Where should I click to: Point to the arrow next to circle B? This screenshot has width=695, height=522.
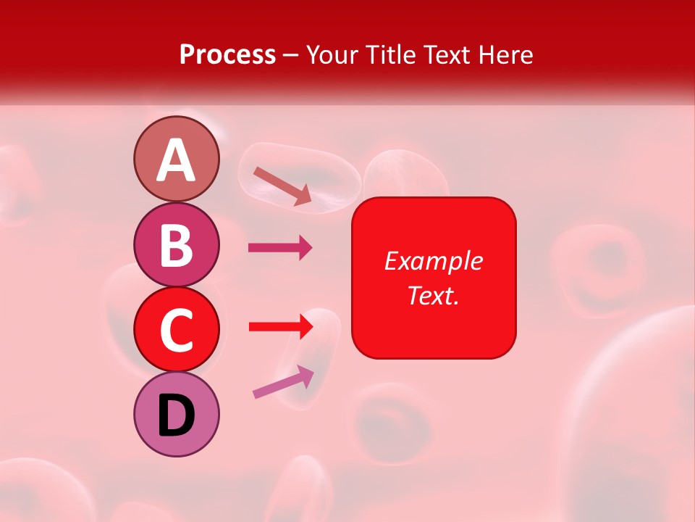point(280,248)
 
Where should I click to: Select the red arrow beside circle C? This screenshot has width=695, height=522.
point(280,327)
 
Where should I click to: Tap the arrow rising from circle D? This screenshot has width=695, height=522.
point(283,381)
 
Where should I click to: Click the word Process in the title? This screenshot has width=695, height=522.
point(227,54)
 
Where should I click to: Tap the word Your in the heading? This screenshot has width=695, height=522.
point(330,54)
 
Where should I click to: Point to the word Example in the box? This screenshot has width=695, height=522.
point(433,261)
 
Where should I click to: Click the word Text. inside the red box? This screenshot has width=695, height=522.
point(433,295)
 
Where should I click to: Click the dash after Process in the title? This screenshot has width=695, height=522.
point(291,55)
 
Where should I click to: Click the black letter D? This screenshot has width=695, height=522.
point(176,416)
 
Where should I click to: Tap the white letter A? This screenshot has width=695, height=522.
point(176,159)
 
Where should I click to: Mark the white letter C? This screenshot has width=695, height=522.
point(176,330)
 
